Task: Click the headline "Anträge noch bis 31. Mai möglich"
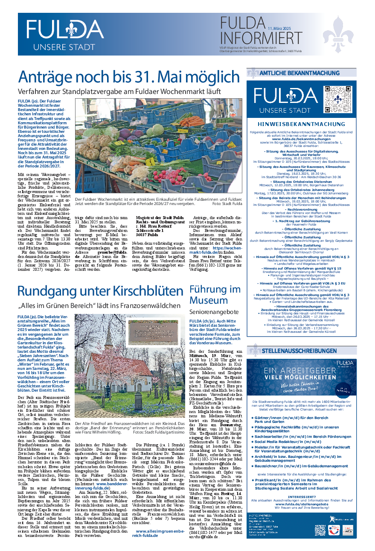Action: tap(128, 77)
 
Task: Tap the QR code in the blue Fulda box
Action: tap(337, 100)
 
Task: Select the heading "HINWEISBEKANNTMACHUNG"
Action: tap(302, 124)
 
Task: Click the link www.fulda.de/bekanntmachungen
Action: tap(301, 139)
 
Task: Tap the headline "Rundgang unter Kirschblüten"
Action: tap(100, 291)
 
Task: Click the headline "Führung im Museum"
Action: tap(215, 294)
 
